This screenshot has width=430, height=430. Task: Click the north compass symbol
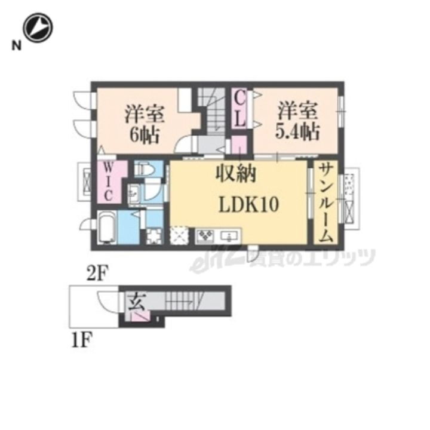(38, 27)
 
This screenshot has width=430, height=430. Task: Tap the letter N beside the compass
(17, 46)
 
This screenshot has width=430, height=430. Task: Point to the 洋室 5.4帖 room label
(297, 121)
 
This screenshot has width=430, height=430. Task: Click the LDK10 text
(249, 205)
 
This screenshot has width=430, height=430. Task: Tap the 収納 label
(236, 174)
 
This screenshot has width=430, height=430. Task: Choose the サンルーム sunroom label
(326, 202)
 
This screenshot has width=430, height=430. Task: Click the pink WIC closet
(110, 182)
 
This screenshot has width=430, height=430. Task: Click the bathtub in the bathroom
(107, 227)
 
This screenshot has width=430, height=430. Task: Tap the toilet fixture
(145, 170)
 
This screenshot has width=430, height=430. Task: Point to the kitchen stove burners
(205, 235)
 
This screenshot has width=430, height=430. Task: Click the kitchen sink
(230, 236)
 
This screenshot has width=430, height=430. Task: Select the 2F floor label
(98, 273)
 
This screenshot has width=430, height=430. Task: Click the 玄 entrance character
(137, 302)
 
